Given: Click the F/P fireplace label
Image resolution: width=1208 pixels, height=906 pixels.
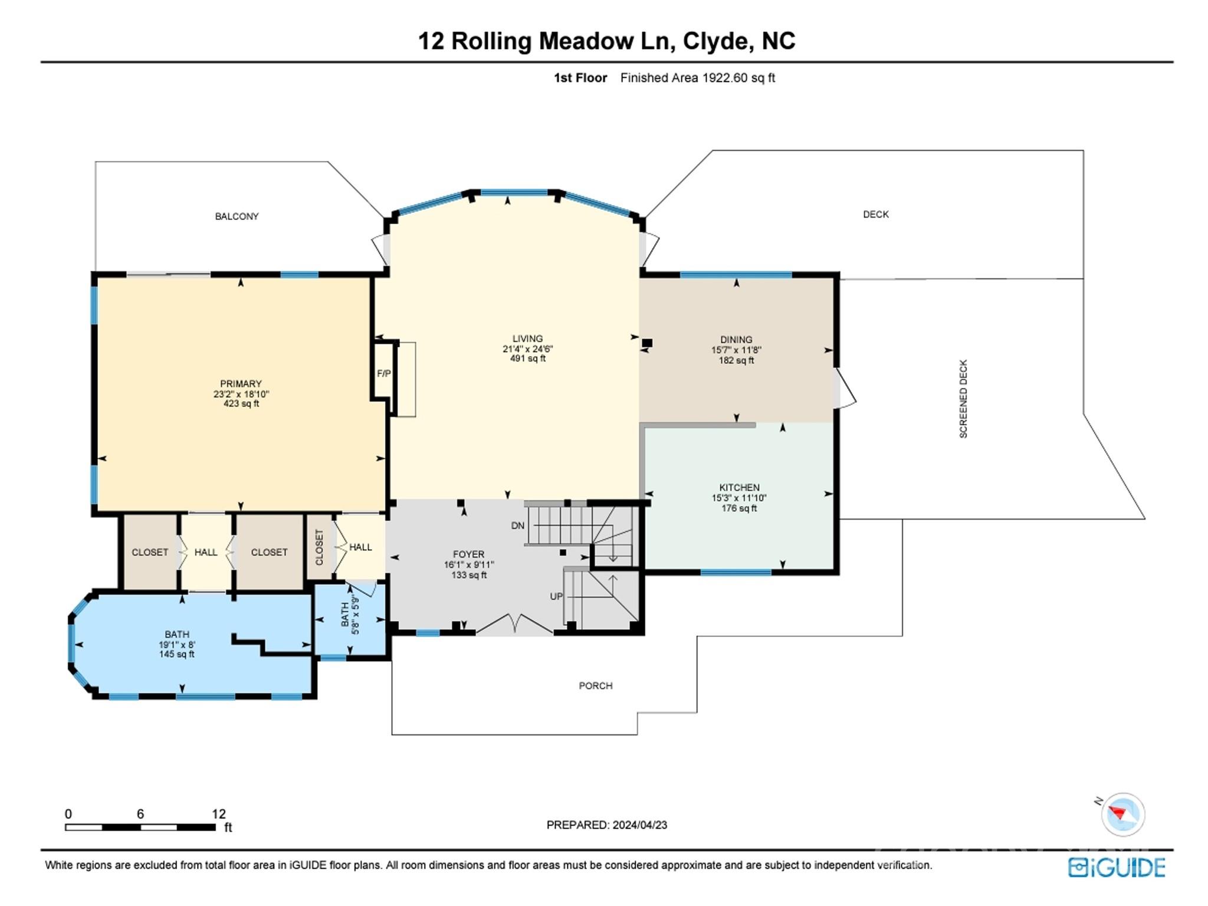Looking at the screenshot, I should [x=383, y=373].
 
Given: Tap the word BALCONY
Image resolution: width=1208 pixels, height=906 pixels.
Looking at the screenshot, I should [x=237, y=216].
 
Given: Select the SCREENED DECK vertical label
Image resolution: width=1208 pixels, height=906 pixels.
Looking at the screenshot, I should [x=963, y=399].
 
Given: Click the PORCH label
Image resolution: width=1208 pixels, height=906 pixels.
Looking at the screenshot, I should [x=595, y=685].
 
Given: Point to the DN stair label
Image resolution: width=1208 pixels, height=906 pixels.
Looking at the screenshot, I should [x=517, y=526].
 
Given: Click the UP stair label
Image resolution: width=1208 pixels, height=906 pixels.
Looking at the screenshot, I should [x=556, y=596].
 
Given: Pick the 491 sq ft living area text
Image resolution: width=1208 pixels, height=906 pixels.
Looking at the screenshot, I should [x=527, y=359].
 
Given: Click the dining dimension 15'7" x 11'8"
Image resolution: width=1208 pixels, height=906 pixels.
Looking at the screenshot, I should [x=736, y=350].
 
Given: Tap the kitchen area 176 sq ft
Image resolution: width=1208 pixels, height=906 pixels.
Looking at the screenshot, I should [x=738, y=508].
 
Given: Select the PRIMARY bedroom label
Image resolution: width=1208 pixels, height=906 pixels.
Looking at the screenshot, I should [x=240, y=384].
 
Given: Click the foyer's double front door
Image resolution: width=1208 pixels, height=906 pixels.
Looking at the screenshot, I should [x=514, y=624].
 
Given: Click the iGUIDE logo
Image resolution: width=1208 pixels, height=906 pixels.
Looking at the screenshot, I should [x=1116, y=867].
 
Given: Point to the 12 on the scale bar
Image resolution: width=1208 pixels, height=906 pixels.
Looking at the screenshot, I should [x=219, y=814].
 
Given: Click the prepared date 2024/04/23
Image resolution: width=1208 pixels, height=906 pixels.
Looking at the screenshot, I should [x=639, y=825].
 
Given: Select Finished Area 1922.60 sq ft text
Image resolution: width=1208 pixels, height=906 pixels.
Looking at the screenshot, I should [x=697, y=78].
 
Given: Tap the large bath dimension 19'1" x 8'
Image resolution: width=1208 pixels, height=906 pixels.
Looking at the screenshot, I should [x=176, y=645].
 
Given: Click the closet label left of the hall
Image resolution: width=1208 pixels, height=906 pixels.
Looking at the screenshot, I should [x=150, y=552].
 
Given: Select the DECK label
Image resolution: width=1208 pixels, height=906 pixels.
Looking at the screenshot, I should [x=875, y=215].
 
